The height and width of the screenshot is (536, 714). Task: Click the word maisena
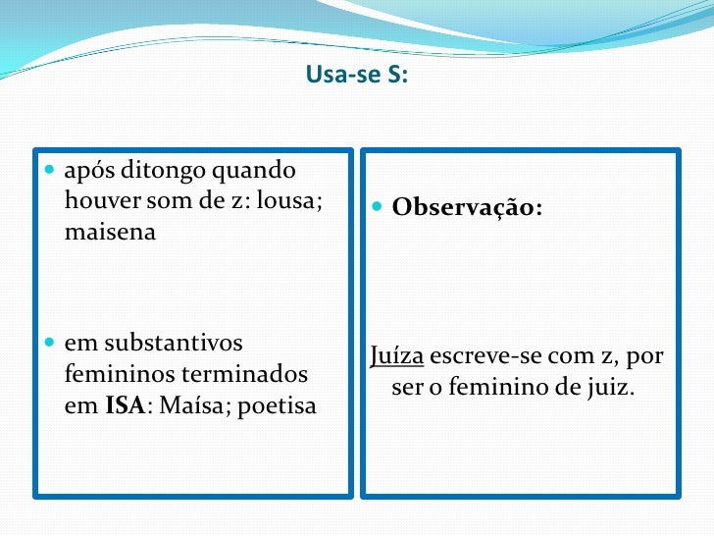click(110, 234)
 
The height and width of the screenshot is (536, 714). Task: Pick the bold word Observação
click(467, 208)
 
